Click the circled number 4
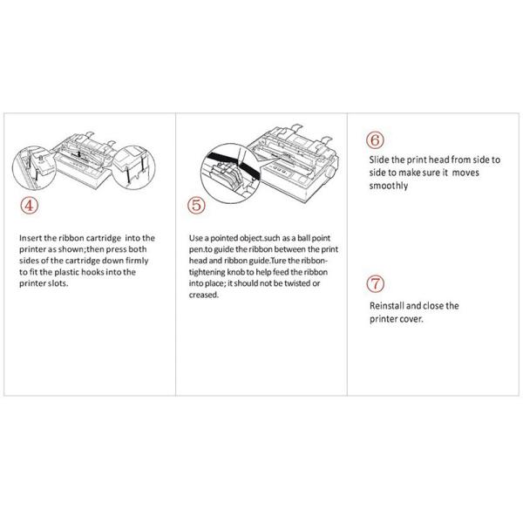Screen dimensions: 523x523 pos(30,206)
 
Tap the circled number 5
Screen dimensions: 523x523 pos(196,205)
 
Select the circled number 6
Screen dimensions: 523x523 pos(375,140)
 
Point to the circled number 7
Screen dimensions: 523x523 pos(375,284)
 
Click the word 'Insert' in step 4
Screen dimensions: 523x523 pos(31,238)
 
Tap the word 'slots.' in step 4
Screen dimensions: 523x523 pos(58,283)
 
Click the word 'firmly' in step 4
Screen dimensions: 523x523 pos(137,261)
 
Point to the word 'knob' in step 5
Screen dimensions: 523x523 pos(236,272)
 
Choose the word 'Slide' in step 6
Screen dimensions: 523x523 pos(379,160)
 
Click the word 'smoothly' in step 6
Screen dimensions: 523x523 pos(389,186)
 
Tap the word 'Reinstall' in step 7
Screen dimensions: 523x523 pos(386,306)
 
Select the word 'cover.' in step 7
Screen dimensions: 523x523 pos(411,319)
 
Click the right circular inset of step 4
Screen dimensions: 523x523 pos(133,166)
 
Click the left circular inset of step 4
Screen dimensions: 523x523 pos(35,167)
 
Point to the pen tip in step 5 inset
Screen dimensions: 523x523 pos(239,164)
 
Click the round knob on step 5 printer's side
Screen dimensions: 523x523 pos(330,173)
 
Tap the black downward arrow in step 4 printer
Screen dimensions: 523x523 pos(78,153)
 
